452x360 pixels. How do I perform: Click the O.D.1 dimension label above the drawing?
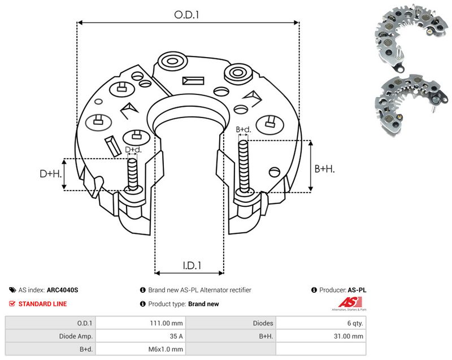186,15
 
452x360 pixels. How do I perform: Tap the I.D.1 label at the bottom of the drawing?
192,265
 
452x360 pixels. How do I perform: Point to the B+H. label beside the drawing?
324,168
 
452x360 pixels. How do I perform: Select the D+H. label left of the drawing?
51,174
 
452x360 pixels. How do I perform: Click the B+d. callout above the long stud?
244,129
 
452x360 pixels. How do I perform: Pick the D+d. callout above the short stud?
133,150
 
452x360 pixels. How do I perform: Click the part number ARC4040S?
62,290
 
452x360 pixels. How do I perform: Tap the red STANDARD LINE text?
42,304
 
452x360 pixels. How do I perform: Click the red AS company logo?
350,303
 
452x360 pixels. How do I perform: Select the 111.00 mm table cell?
140,323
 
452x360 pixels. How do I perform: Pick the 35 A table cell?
140,336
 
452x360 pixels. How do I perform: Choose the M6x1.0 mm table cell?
140,349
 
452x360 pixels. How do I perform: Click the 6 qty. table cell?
321,323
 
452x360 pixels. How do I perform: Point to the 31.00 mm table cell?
321,336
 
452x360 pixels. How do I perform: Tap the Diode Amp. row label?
76,336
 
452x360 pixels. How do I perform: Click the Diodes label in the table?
263,323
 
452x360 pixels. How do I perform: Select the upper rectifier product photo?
411,37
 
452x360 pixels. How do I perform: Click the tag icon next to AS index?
12,290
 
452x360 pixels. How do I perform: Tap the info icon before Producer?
314,290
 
